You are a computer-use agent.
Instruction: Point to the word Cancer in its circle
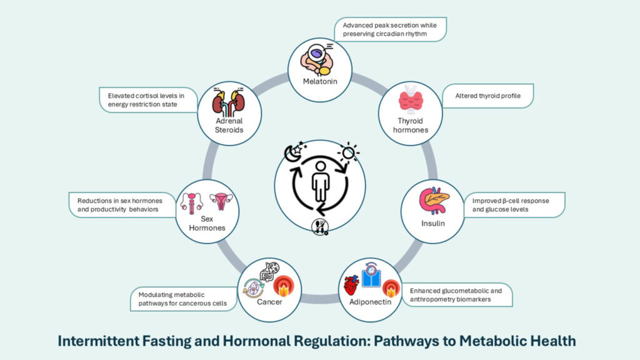[269, 302]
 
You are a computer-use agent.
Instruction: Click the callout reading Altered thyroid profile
[486, 96]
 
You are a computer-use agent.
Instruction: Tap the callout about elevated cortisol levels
[147, 99]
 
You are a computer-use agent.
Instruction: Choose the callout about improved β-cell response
[513, 204]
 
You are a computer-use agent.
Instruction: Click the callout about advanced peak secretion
[390, 29]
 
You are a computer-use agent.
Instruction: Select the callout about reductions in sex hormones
[121, 205]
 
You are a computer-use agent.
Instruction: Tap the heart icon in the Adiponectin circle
[351, 286]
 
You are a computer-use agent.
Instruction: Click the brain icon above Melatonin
[316, 60]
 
